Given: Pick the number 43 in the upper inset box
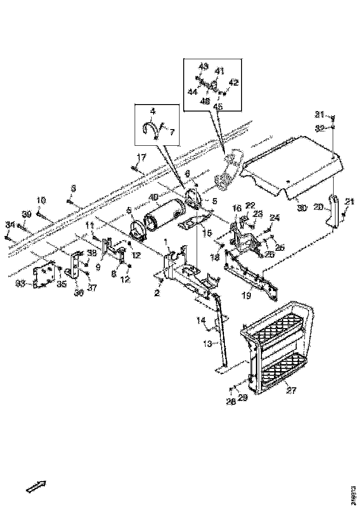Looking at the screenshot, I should (204, 66).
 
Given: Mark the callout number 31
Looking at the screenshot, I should (320, 114).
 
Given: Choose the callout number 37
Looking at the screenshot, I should (92, 288).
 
